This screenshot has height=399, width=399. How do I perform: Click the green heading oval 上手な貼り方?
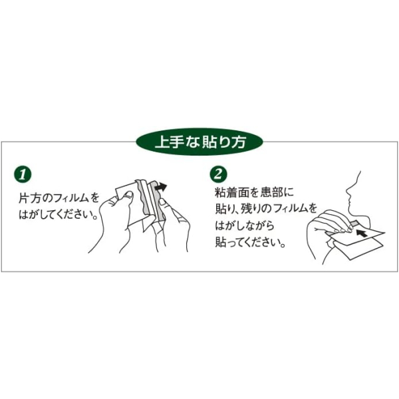pos(199,142)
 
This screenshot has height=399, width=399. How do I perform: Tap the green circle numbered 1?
pos(23,174)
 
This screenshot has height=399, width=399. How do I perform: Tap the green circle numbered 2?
pos(218,174)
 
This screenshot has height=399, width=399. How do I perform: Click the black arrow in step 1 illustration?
pos(161,187)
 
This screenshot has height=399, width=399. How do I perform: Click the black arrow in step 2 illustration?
pos(362,233)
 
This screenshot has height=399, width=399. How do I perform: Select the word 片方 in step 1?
pos(28,198)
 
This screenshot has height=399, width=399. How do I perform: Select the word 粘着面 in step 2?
pos(229,192)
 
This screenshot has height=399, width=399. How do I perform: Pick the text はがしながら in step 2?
pos(245,225)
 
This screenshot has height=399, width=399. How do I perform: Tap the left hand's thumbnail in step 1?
pos(128,195)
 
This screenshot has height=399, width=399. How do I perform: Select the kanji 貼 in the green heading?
pos(208,142)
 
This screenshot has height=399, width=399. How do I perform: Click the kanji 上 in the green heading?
pos(162,142)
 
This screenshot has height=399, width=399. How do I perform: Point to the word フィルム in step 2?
pos(289,208)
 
